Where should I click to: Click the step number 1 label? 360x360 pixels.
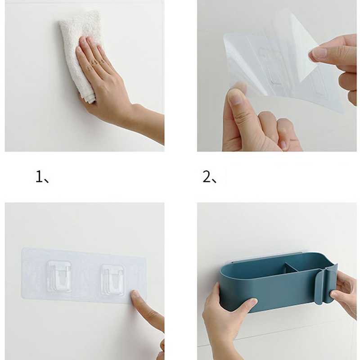pyautogui.click(x=39, y=177)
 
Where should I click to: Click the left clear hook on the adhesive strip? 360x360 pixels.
pyautogui.click(x=59, y=276)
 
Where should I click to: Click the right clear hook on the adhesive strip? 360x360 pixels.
pyautogui.click(x=113, y=280)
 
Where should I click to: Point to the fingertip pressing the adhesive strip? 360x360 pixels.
pyautogui.click(x=136, y=296)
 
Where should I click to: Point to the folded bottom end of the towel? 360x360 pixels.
pyautogui.click(x=88, y=99)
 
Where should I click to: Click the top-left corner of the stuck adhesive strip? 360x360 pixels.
pyautogui.click(x=22, y=248)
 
